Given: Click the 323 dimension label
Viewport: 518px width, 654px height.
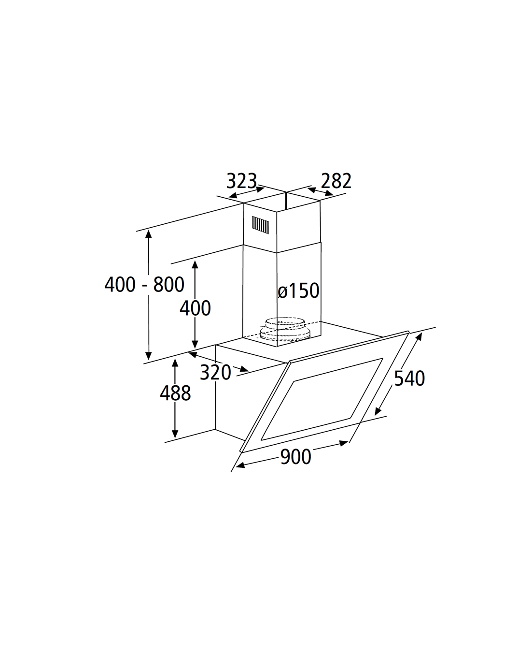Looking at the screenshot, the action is pyautogui.click(x=242, y=181).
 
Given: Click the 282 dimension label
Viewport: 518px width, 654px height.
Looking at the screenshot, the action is pyautogui.click(x=336, y=181).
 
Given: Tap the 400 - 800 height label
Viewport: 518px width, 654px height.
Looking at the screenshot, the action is pyautogui.click(x=144, y=284).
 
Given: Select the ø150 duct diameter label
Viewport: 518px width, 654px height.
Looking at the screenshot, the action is pyautogui.click(x=298, y=291).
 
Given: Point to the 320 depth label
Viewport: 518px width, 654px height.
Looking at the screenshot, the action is pyautogui.click(x=216, y=372).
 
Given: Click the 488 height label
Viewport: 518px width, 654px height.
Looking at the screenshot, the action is pyautogui.click(x=176, y=393).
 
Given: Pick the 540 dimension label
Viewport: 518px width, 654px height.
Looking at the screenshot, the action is pyautogui.click(x=409, y=378).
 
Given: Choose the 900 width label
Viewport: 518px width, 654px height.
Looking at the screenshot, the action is pyautogui.click(x=296, y=457).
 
